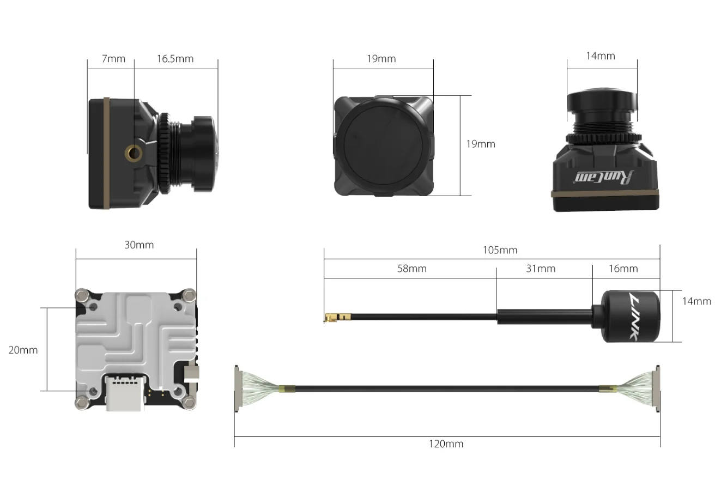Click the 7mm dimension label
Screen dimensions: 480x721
click(x=113, y=59)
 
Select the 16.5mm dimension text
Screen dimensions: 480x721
click(x=175, y=59)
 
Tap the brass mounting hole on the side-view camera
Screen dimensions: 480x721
click(x=133, y=154)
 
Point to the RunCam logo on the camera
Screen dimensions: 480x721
click(x=605, y=177)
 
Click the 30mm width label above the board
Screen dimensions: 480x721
click(x=139, y=245)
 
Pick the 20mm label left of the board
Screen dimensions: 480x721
click(x=23, y=350)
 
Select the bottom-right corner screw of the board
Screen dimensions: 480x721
click(x=189, y=402)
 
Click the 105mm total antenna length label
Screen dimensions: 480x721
click(x=500, y=251)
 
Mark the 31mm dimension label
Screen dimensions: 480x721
click(x=541, y=269)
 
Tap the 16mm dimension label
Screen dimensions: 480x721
click(x=622, y=269)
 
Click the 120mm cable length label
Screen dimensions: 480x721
click(x=446, y=444)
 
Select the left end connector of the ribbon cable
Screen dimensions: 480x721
click(x=238, y=388)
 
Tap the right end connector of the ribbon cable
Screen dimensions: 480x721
click(x=656, y=388)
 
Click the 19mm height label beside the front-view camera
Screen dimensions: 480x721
click(x=481, y=144)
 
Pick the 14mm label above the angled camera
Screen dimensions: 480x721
click(x=600, y=56)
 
